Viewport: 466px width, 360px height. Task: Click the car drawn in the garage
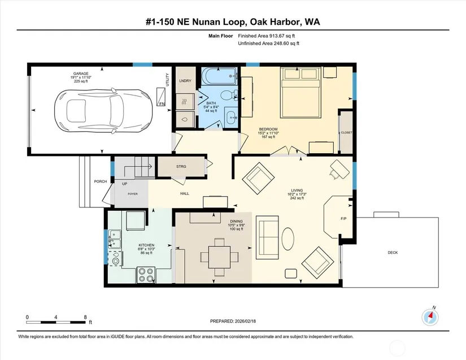103,110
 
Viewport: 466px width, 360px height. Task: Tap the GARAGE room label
81,73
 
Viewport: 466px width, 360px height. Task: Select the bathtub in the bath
219,76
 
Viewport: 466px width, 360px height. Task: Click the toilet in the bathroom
229,95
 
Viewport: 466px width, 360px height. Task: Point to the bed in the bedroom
302,93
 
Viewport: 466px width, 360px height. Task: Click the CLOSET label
346,133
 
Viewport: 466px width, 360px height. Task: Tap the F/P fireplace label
343,219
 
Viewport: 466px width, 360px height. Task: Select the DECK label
393,253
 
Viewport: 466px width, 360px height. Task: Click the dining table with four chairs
219,257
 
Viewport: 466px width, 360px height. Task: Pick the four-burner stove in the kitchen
146,275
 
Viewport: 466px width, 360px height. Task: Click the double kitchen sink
115,239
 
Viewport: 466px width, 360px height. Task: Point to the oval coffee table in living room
288,238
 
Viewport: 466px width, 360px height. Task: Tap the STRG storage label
181,167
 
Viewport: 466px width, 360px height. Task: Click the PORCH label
101,181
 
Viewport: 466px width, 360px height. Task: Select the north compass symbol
430,317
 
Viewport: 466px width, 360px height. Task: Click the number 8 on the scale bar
85,317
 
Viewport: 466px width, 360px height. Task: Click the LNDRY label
185,81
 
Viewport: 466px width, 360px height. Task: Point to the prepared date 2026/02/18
245,321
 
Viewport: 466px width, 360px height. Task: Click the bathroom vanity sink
232,118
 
